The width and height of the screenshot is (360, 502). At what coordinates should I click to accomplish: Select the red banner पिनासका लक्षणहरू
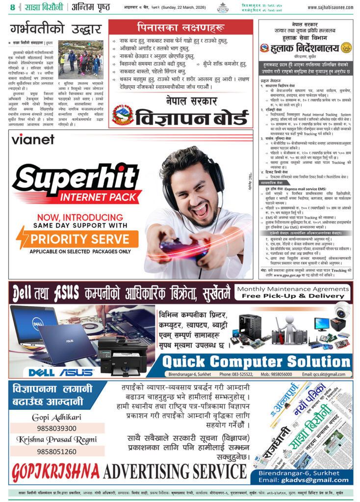pyautogui.click(x=181, y=27)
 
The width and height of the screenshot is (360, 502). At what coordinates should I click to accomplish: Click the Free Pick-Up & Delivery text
pyautogui.click(x=293, y=296)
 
